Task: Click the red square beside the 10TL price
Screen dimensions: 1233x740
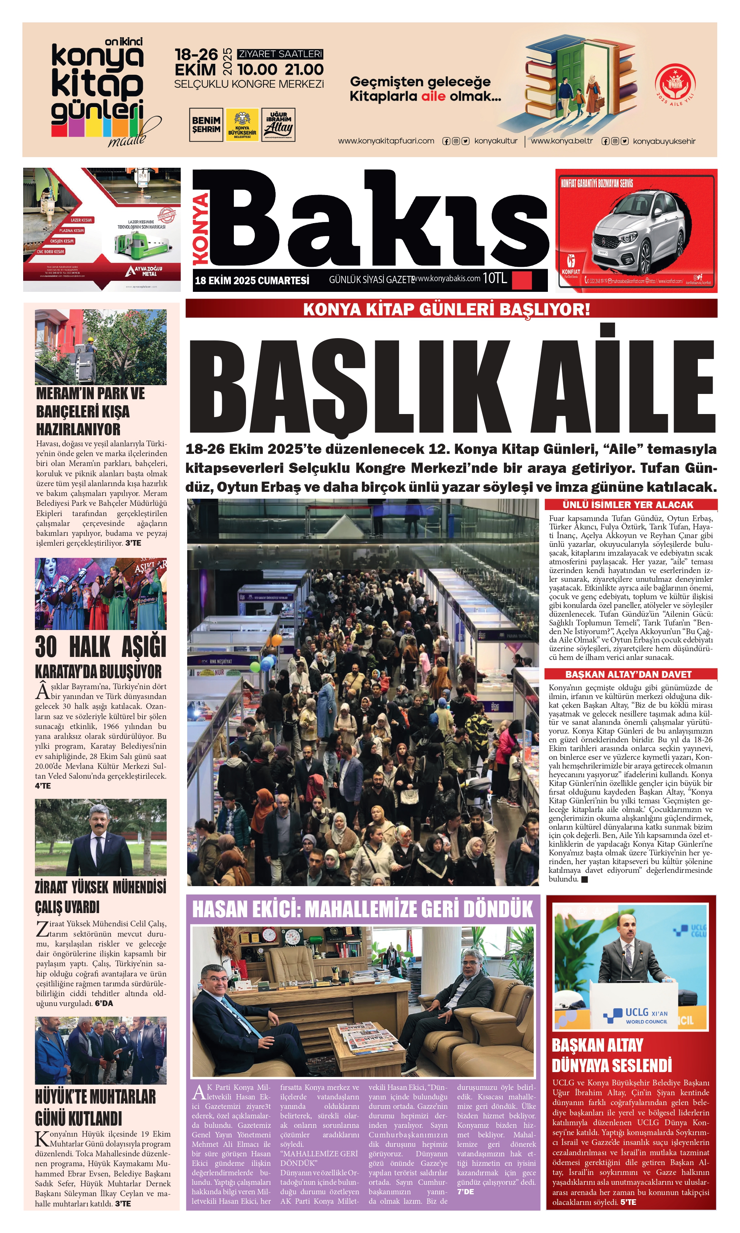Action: point(522,280)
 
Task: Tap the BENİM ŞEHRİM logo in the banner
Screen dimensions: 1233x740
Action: point(206,124)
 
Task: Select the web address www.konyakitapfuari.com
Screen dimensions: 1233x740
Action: point(386,141)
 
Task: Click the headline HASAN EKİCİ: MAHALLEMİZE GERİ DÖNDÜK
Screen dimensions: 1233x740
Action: point(363,910)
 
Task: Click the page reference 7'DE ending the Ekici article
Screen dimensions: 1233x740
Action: point(466,1191)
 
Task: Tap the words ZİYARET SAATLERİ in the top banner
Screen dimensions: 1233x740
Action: point(280,54)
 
